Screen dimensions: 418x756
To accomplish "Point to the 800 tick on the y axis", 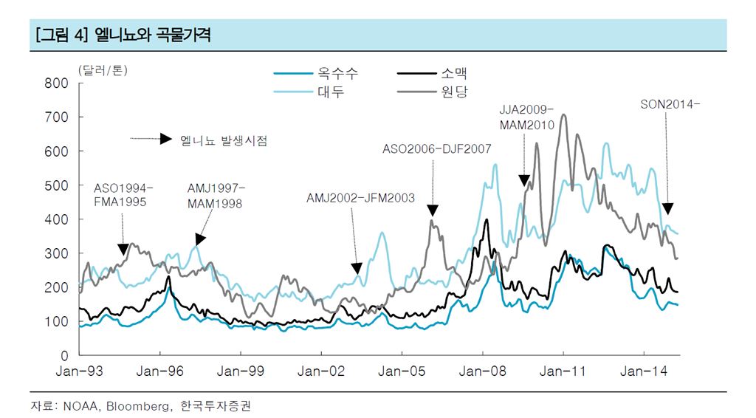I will [x=58, y=83].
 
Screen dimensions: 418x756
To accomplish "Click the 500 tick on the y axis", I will [x=58, y=185].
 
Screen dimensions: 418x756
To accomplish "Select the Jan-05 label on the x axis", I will [x=402, y=371].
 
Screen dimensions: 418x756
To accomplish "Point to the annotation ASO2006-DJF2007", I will [x=436, y=149].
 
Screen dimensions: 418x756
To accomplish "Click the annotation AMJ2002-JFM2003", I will [x=360, y=198].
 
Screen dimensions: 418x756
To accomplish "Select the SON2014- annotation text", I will [x=670, y=104].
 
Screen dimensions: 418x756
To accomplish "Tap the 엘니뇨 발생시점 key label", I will [x=223, y=140].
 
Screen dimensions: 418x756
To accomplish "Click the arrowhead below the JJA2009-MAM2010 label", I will [x=524, y=180].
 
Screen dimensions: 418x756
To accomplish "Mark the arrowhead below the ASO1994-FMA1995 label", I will [x=123, y=250].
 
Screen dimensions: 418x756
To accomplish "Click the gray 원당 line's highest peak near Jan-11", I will [x=564, y=115].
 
